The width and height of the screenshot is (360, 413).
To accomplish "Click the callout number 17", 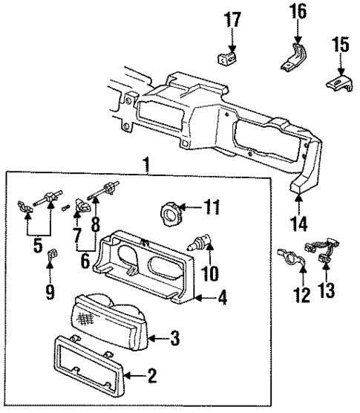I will (x=234, y=19).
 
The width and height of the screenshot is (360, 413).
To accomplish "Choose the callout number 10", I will (x=209, y=274).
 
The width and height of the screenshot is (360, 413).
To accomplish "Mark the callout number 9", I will (x=50, y=293).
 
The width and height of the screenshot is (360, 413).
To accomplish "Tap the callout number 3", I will (x=174, y=339).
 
